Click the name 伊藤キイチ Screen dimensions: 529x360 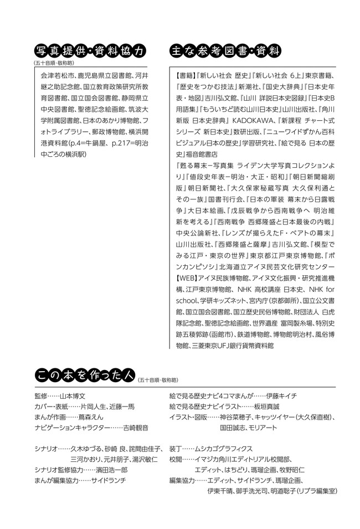point(282,396)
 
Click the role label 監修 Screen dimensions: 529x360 point(41,396)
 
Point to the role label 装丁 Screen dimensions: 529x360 point(176,449)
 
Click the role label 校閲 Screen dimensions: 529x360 point(176,459)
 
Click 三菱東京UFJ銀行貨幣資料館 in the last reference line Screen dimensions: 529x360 point(233,346)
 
